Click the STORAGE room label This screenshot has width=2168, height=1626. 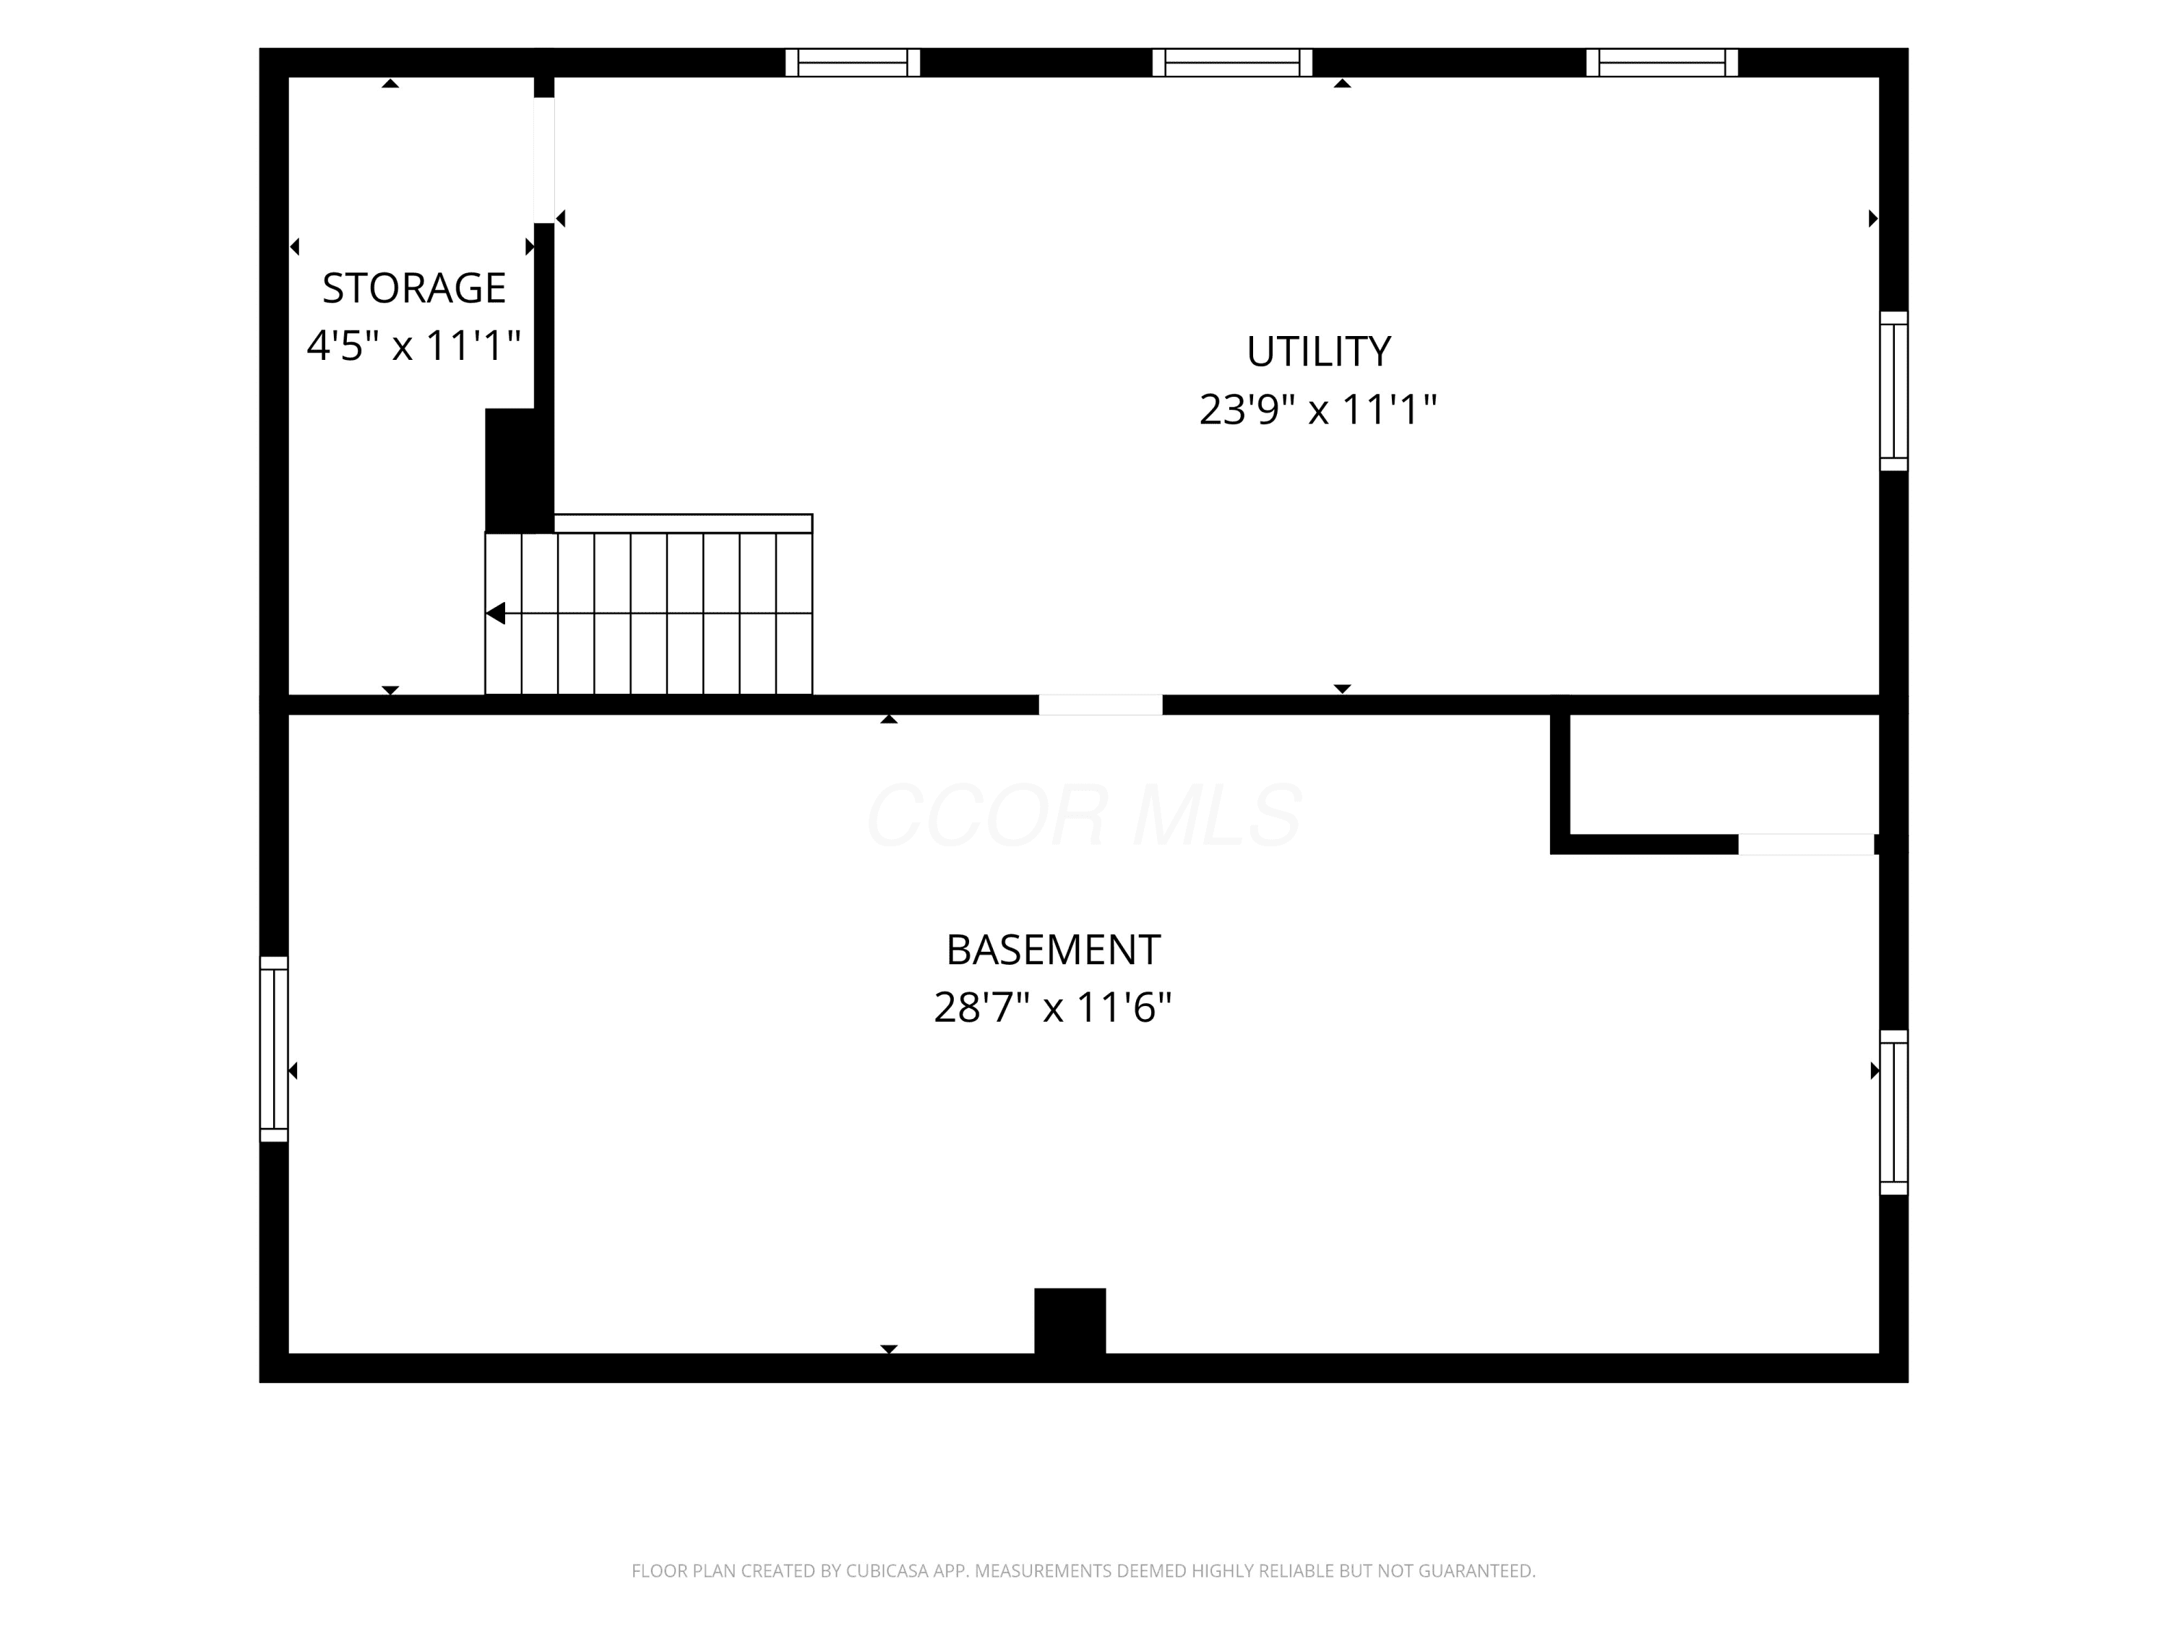pos(413,288)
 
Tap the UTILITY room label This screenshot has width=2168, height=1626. pos(1318,352)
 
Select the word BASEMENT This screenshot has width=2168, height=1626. pos(1053,950)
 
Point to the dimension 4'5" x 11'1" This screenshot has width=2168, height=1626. pos(413,345)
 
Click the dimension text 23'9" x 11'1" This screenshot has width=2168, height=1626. pos(1318,409)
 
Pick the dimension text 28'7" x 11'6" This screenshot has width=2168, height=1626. pos(1053,1007)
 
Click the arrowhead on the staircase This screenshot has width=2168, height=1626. pos(496,614)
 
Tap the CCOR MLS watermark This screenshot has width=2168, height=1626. pos(1084,815)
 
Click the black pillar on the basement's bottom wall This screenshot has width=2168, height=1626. pos(1070,1320)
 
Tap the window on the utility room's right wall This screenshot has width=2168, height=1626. pos(1893,391)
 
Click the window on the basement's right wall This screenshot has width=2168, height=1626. pos(1893,1112)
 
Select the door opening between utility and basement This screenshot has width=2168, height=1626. pos(1101,705)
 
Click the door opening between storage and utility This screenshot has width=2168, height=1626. pos(544,160)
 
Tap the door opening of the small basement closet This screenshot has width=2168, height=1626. pos(1807,844)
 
